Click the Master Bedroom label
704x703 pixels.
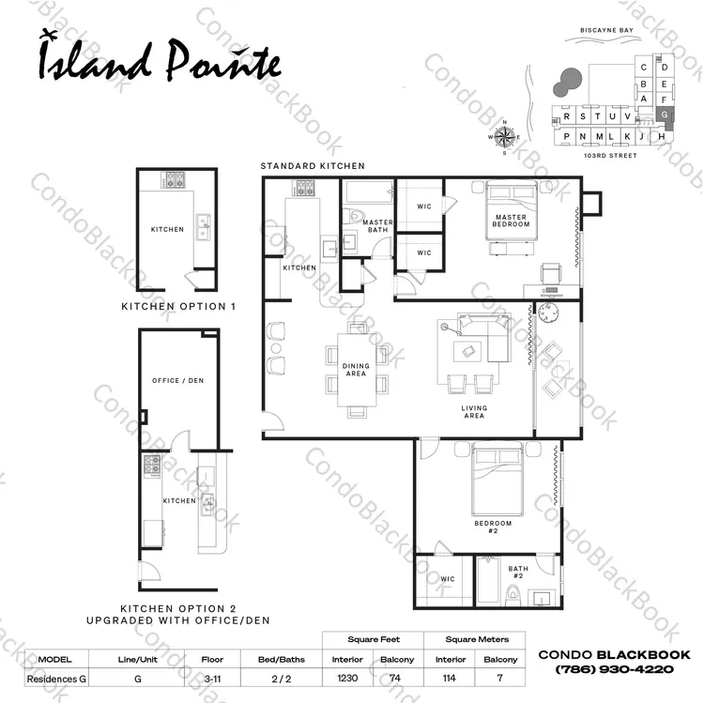coord(511,221)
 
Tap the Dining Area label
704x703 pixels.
coord(356,370)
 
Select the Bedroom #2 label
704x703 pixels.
coord(493,527)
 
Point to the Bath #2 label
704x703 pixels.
coord(518,572)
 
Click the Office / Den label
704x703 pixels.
coord(177,380)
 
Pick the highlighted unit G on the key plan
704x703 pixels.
coord(665,114)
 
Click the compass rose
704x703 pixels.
coord(505,136)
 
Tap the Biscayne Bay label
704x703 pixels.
coord(606,30)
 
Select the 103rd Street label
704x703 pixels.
coord(610,155)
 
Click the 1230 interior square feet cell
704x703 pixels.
coord(347,678)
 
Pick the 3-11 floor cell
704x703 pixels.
coord(212,679)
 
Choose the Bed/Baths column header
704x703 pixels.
coord(282,660)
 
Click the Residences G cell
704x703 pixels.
coord(56,679)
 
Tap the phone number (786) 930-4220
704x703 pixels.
coord(614,669)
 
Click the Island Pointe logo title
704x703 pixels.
coord(161,59)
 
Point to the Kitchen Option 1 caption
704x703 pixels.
coord(178,307)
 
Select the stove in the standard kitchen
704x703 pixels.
coord(303,188)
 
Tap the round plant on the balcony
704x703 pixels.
coord(548,313)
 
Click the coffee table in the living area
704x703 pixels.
coord(467,351)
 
